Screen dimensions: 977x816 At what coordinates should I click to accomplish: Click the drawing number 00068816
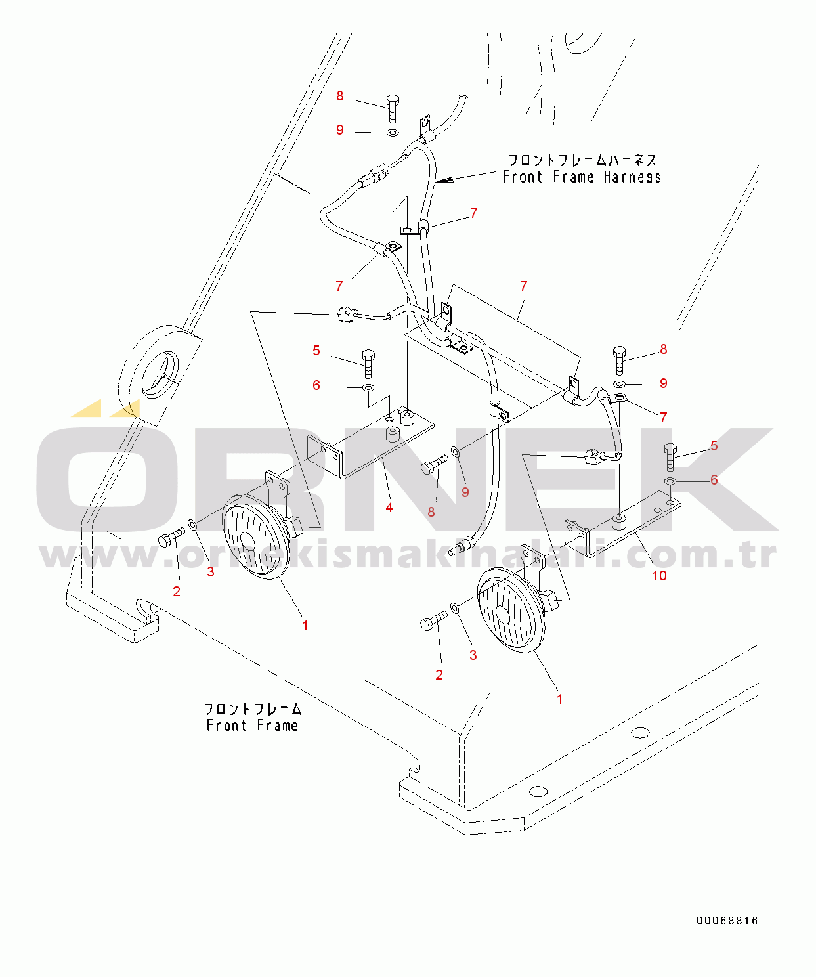click(x=727, y=921)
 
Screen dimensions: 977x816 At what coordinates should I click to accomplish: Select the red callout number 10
click(x=658, y=576)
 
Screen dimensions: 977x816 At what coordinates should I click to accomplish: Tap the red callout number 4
click(x=389, y=508)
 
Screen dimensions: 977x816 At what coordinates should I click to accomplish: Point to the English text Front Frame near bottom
click(x=252, y=726)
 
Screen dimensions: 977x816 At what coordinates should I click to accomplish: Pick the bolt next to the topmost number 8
click(x=393, y=108)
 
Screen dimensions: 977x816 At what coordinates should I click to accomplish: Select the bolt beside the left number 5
click(x=368, y=363)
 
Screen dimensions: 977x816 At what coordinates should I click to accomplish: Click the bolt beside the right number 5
click(x=670, y=456)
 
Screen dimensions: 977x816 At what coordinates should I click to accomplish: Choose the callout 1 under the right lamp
click(x=559, y=699)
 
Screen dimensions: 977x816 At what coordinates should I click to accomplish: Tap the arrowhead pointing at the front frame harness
click(x=443, y=179)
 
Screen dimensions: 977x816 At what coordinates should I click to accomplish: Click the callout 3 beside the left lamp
click(x=210, y=572)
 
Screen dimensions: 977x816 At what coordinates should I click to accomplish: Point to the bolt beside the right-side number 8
click(x=620, y=358)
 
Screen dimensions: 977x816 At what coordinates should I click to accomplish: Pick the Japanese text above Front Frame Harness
click(x=582, y=160)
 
